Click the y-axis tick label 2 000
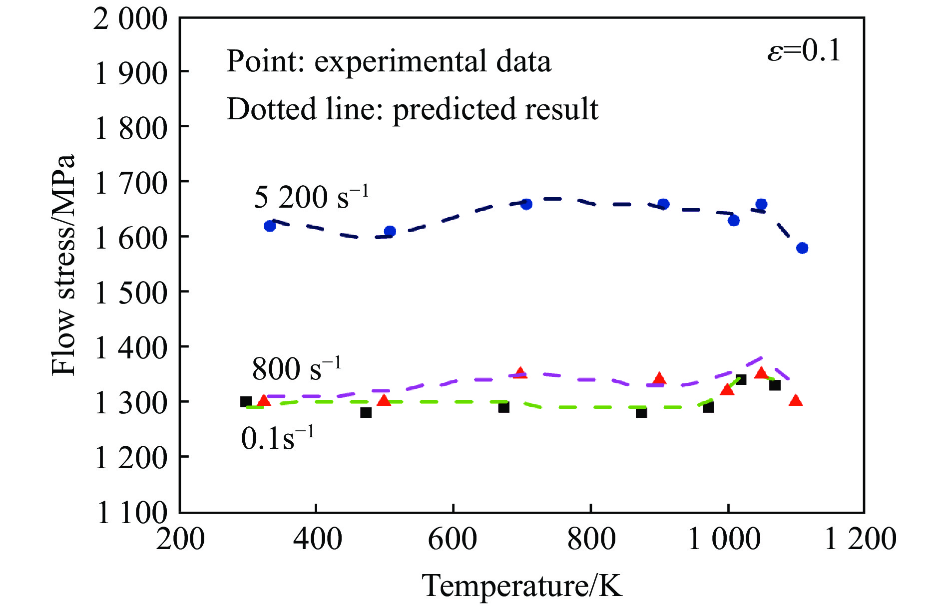pyautogui.click(x=130, y=20)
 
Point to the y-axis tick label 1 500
pyautogui.click(x=130, y=293)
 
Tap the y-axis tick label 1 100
pyautogui.click(x=131, y=513)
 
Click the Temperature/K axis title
pyautogui.click(x=522, y=585)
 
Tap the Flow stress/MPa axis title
pyautogui.click(x=64, y=265)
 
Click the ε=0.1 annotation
pyautogui.click(x=804, y=51)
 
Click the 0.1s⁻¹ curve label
pyautogui.click(x=277, y=438)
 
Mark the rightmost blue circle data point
pyautogui.click(x=802, y=248)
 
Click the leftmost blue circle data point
pyautogui.click(x=270, y=226)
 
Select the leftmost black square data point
pyautogui.click(x=246, y=401)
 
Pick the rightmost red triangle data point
pyautogui.click(x=796, y=400)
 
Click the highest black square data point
pyautogui.click(x=741, y=379)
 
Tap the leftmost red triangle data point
pyautogui.click(x=264, y=400)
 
